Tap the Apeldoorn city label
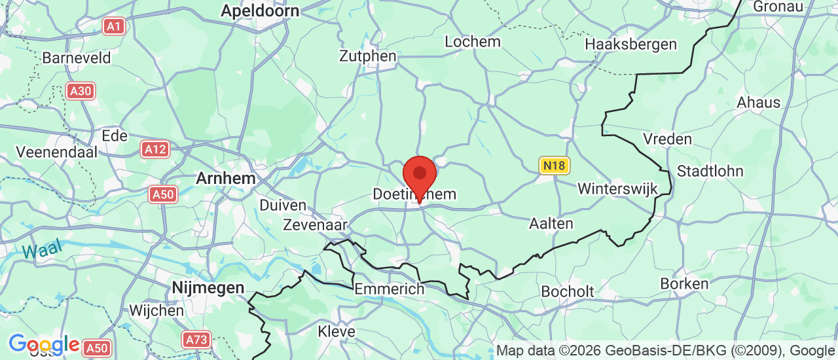(260, 10)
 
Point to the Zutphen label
(367, 56)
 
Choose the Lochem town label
(472, 42)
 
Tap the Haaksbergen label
(631, 45)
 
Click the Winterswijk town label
(617, 189)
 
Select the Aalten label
(551, 224)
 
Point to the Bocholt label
(568, 291)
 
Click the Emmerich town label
(389, 289)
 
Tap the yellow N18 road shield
(553, 166)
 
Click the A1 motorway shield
(114, 26)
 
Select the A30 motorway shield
(81, 91)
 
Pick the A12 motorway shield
(155, 149)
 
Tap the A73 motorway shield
(196, 339)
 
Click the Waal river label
(41, 249)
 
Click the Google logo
(44, 344)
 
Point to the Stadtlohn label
(710, 171)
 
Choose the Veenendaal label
(56, 152)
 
